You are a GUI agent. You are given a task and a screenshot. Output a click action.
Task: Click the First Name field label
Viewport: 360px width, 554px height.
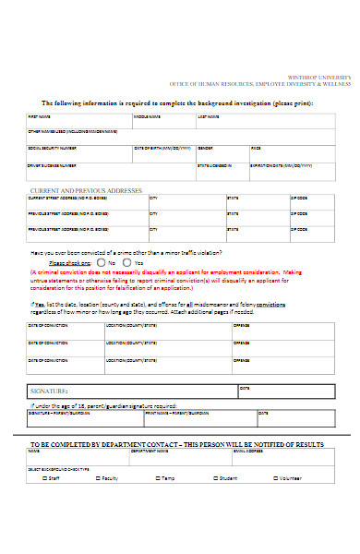39,117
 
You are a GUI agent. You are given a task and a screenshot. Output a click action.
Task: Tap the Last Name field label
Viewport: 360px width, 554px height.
209,117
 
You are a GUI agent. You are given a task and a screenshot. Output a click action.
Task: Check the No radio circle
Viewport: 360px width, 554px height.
101,262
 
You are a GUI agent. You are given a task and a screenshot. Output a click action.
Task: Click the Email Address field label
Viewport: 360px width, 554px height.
248,452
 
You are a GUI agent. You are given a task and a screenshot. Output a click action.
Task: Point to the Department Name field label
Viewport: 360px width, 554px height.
149,452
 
